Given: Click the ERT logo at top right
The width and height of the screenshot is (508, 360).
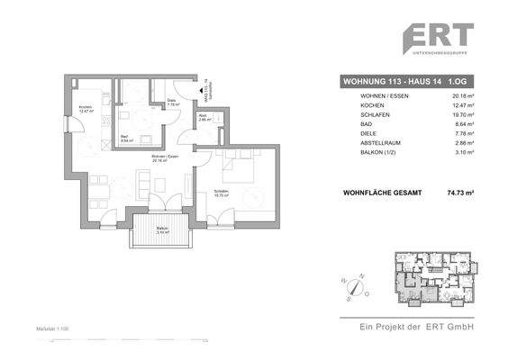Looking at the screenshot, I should point(438,39).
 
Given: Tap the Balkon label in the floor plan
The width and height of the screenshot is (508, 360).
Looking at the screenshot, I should point(161,229).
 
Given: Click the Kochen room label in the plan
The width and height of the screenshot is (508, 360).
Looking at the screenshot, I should point(86,109).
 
